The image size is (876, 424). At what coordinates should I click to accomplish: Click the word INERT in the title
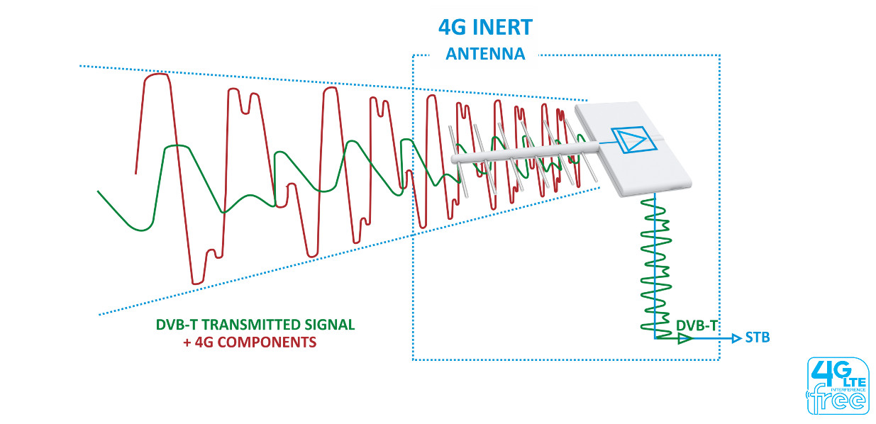click(x=504, y=28)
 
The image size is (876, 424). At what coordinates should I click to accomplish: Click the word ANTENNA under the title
click(x=485, y=54)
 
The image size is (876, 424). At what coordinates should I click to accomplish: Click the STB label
click(x=757, y=338)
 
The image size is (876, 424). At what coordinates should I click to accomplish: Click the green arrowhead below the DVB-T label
click(x=684, y=339)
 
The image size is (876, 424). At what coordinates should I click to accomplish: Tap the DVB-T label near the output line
click(x=697, y=325)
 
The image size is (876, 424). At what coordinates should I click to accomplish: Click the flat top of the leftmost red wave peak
click(x=157, y=75)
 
